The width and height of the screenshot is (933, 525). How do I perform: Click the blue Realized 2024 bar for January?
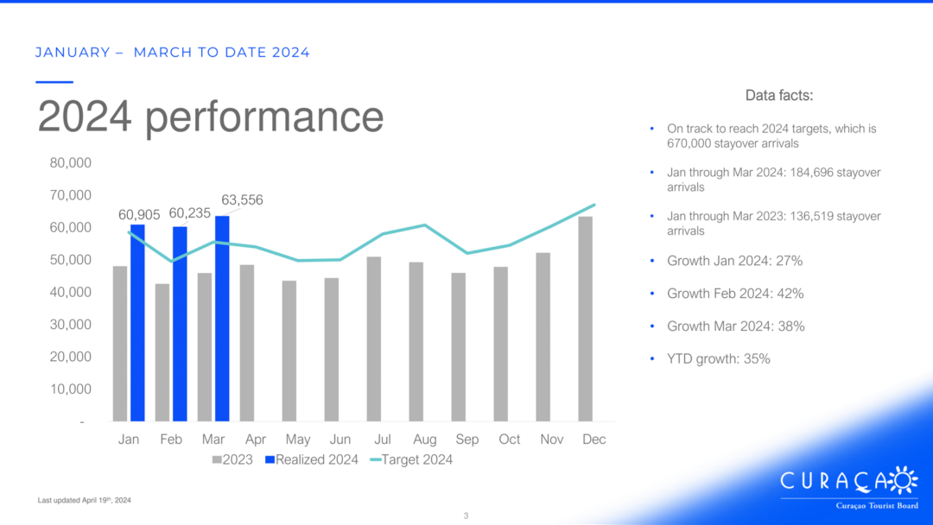(137, 323)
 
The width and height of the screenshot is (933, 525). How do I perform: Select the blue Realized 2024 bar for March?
(223, 319)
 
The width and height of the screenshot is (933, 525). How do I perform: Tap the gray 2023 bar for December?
(586, 319)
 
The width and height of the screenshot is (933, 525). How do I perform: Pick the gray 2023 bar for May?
(289, 351)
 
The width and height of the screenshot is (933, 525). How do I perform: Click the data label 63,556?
(242, 199)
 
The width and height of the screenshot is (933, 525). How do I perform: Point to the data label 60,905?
(139, 215)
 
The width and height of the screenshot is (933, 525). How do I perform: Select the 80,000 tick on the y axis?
(70, 163)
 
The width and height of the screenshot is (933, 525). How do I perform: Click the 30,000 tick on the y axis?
(70, 325)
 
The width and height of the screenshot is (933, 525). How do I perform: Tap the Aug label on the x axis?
(425, 440)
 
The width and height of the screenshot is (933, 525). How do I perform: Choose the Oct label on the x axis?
(510, 440)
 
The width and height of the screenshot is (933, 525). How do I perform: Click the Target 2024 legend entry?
(410, 459)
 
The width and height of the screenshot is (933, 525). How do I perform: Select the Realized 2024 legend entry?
(312, 459)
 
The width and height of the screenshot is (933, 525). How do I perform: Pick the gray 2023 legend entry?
(232, 459)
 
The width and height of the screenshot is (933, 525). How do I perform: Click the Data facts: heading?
(779, 95)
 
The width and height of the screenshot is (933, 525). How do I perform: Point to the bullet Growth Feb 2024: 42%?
(735, 294)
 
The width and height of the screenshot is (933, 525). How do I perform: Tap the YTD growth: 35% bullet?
(718, 359)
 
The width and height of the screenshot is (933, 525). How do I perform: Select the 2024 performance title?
(211, 117)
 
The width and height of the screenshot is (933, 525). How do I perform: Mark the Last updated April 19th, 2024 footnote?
(85, 500)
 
